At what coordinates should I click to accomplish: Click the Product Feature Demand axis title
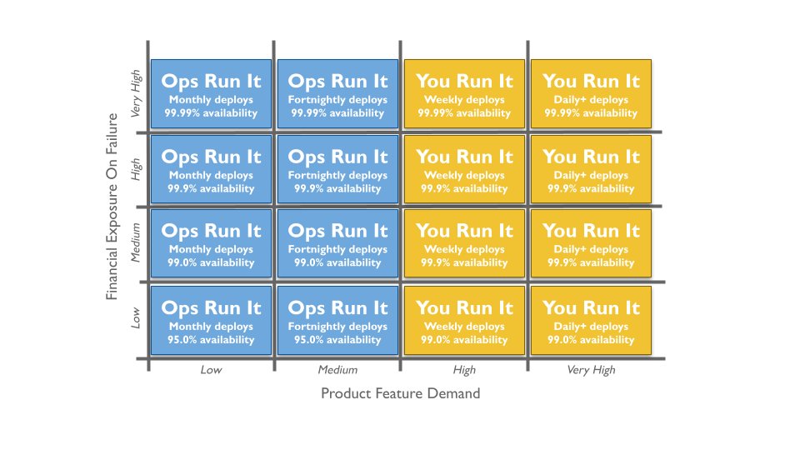click(400, 393)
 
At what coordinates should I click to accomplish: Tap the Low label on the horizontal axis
click(211, 370)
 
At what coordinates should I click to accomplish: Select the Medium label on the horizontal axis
click(337, 370)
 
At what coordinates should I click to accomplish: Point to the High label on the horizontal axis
click(464, 370)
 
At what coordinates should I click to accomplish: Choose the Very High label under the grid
click(591, 370)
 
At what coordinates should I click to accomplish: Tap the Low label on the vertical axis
click(137, 319)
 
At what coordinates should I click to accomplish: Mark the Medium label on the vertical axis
click(137, 242)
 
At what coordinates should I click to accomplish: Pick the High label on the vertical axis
click(137, 168)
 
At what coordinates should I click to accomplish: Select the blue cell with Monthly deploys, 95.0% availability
click(211, 318)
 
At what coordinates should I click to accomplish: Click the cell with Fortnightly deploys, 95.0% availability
click(337, 318)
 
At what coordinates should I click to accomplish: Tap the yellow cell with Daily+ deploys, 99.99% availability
click(591, 93)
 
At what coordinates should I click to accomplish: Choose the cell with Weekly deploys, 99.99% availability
click(464, 93)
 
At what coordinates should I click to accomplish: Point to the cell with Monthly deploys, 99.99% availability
click(211, 93)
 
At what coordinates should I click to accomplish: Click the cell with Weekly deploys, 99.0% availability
click(464, 318)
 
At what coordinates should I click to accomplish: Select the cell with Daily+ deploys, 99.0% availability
click(591, 318)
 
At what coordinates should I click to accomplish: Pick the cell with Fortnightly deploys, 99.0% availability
click(337, 243)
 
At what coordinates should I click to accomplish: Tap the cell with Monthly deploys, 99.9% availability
click(211, 168)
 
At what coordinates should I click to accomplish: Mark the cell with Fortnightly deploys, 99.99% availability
click(337, 93)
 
